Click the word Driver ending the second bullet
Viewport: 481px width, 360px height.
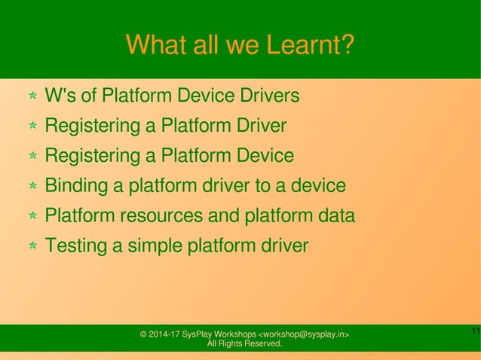point(257,126)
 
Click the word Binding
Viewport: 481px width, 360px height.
point(75,186)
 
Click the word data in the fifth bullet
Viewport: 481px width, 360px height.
point(334,216)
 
